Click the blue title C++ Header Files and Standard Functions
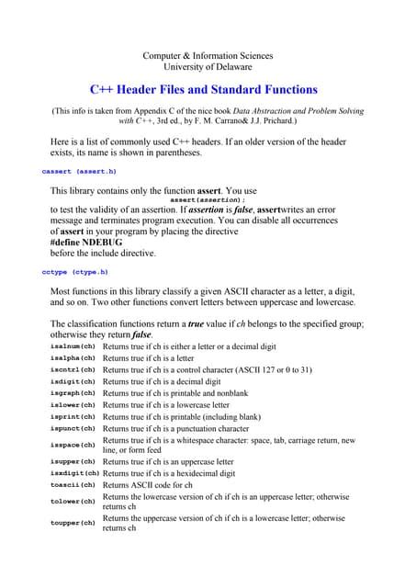pyautogui.click(x=203, y=90)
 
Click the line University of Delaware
pyautogui.click(x=208, y=67)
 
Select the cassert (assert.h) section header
pyautogui.click(x=79, y=172)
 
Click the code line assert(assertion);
pyautogui.click(x=208, y=199)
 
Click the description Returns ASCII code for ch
pyautogui.click(x=148, y=484)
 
